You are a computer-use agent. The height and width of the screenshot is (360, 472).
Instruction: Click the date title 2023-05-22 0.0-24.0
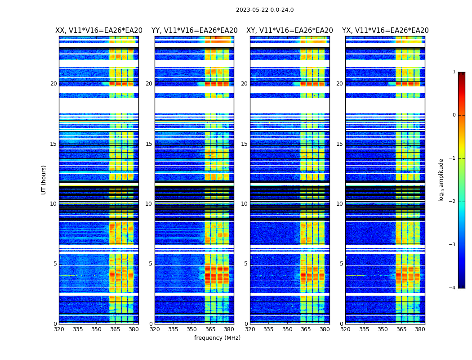pyautogui.click(x=265, y=10)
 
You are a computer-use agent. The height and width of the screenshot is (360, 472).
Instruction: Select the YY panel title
pyautogui.click(x=194, y=31)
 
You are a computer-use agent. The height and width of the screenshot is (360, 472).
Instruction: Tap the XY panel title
pyautogui.click(x=289, y=31)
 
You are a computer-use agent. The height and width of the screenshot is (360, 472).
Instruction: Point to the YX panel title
pyautogui.click(x=385, y=31)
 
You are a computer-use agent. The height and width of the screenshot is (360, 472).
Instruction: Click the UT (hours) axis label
pyautogui.click(x=44, y=180)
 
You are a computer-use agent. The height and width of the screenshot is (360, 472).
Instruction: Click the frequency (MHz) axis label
pyautogui.click(x=217, y=338)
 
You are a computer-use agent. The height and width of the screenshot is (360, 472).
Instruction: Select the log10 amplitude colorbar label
pyautogui.click(x=441, y=180)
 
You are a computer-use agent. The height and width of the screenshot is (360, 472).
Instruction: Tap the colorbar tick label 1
pyautogui.click(x=454, y=72)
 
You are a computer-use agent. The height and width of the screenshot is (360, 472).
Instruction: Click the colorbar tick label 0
pyautogui.click(x=454, y=115)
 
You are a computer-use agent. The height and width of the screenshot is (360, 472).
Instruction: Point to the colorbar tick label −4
pyautogui.click(x=453, y=288)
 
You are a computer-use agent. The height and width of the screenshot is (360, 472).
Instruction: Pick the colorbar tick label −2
pyautogui.click(x=453, y=202)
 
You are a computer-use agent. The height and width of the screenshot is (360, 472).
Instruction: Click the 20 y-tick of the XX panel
pyautogui.click(x=53, y=84)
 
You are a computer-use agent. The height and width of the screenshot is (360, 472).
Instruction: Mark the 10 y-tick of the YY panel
pyautogui.click(x=149, y=204)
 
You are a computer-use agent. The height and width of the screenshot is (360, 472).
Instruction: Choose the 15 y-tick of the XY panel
pyautogui.click(x=244, y=144)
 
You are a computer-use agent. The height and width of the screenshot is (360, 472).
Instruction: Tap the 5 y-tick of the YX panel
pyautogui.click(x=341, y=264)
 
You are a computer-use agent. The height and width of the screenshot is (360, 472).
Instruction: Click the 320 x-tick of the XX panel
pyautogui.click(x=59, y=329)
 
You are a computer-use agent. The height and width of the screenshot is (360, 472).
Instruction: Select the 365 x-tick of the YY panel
pyautogui.click(x=210, y=329)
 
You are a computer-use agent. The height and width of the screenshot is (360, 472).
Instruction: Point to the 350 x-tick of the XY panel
pyautogui.click(x=287, y=329)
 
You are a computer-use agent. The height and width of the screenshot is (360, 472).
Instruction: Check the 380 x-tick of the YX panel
pyautogui.click(x=420, y=329)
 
